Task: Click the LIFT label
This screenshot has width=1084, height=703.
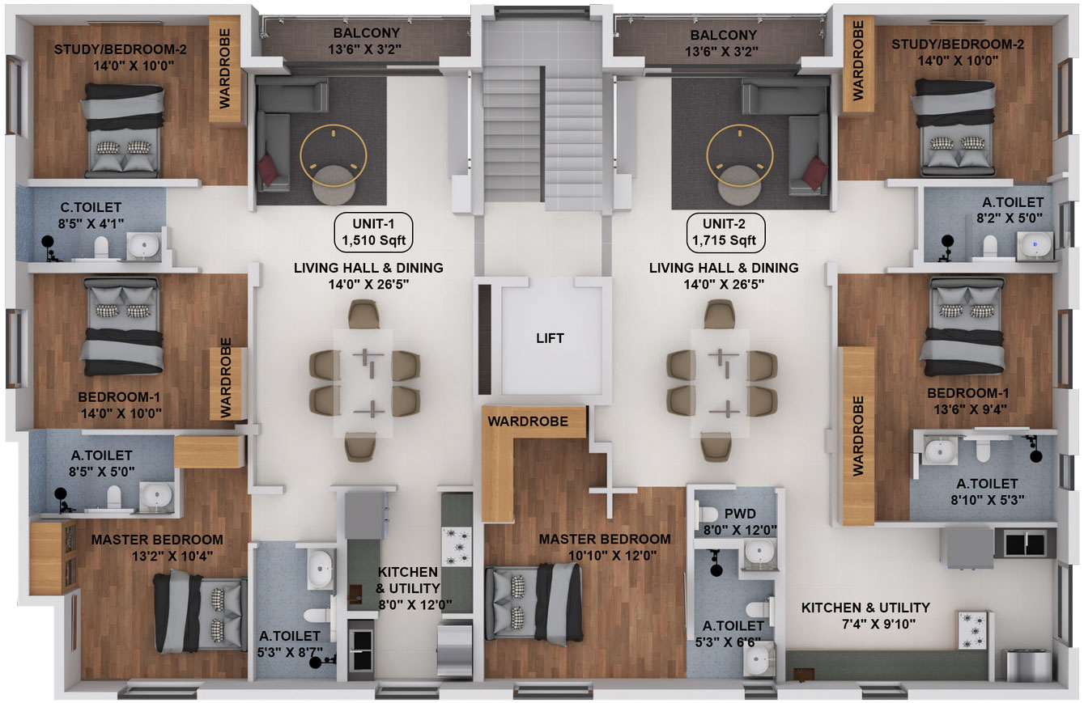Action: (550, 338)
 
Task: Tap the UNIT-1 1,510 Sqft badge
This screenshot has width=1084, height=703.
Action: (373, 232)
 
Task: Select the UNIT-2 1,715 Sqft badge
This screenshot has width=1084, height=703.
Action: (725, 232)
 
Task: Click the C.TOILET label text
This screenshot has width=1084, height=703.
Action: (91, 207)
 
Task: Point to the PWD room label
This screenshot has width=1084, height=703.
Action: (740, 514)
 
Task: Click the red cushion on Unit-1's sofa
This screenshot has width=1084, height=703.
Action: (269, 167)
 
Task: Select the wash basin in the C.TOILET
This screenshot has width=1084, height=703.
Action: (144, 246)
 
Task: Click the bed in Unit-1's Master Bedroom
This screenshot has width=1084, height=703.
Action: (200, 611)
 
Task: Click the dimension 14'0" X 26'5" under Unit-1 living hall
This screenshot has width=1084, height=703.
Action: (368, 284)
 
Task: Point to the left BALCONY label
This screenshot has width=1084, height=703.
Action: (367, 33)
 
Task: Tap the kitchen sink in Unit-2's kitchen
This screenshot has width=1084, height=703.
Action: (1025, 544)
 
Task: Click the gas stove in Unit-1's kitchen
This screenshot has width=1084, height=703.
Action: (457, 546)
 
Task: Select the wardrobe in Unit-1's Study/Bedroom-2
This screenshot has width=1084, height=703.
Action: (225, 69)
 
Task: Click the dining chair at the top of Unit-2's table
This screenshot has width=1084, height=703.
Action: (720, 314)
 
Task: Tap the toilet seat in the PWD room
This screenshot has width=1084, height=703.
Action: (707, 514)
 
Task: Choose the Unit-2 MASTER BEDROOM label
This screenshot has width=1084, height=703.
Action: (605, 539)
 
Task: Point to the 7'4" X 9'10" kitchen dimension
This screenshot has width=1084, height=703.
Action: (879, 625)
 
